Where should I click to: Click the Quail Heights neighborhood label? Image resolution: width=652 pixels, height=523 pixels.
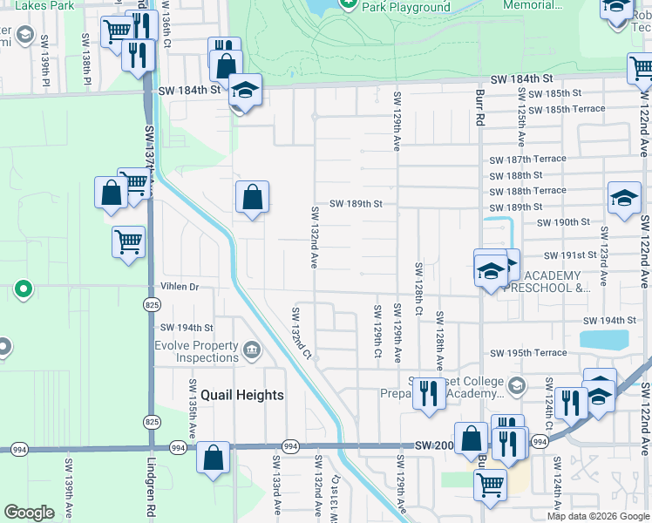(242, 395)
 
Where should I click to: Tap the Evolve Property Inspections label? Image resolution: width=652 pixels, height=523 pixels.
(207, 351)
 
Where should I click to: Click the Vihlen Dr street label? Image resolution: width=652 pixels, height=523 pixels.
(180, 286)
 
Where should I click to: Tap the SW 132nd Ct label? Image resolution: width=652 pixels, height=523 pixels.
(301, 333)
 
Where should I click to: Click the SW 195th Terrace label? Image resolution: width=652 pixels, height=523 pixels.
(527, 353)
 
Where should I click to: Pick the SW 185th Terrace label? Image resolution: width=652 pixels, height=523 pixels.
(566, 109)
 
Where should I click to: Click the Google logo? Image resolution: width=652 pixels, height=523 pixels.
(29, 513)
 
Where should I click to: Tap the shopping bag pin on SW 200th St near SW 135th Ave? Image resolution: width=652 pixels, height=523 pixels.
(214, 458)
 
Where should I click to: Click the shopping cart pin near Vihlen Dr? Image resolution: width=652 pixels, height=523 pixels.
(128, 240)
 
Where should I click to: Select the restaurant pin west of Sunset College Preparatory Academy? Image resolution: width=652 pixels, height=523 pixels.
(427, 392)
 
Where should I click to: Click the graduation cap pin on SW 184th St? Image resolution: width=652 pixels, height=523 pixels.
(245, 89)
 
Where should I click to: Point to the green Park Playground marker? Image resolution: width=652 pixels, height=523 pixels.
(349, 4)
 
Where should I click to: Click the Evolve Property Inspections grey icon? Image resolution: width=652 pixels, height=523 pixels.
(252, 351)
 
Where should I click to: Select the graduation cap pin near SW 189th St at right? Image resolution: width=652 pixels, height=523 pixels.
(624, 198)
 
